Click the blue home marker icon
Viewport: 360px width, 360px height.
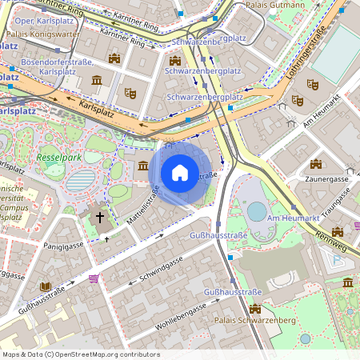pyautogui.click(x=180, y=171)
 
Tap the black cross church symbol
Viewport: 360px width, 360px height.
pyautogui.click(x=102, y=217)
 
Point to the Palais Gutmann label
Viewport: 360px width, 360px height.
pyautogui.click(x=277, y=5)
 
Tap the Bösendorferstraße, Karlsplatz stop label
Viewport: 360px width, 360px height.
pyautogui.click(x=57, y=66)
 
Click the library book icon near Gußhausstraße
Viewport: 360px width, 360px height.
pyautogui.click(x=45, y=286)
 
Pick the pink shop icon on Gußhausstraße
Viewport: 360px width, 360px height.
pyautogui.click(x=94, y=278)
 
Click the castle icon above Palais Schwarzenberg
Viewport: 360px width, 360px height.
pyautogui.click(x=254, y=309)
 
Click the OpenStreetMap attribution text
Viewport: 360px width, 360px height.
pyautogui.click(x=80, y=354)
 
